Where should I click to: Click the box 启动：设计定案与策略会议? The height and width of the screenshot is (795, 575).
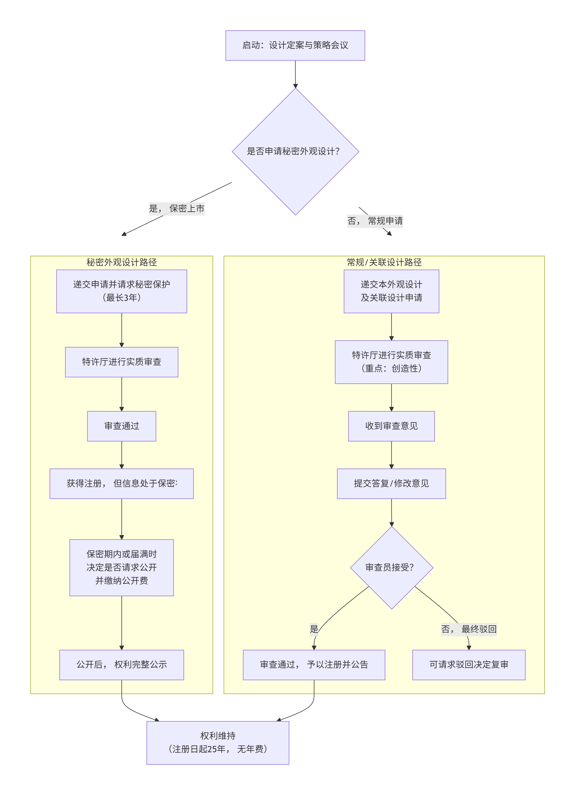[x=295, y=45]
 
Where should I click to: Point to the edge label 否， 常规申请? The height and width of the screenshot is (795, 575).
[x=375, y=221]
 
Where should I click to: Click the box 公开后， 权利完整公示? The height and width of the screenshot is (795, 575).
[x=122, y=665]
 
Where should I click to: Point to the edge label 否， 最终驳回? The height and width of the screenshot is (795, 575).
[x=468, y=629]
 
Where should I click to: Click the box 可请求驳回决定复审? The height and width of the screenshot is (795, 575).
[x=468, y=665]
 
